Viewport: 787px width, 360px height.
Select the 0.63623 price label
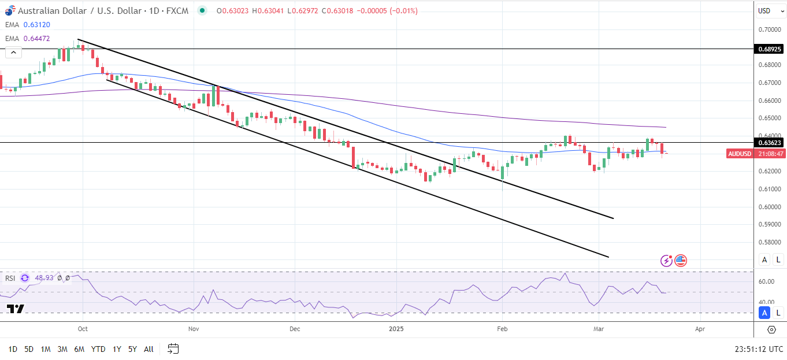[770, 142]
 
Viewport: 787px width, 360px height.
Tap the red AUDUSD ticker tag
[739, 154]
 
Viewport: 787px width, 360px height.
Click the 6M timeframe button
[80, 349]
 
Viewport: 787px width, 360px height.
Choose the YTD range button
[98, 349]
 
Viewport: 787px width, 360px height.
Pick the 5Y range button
[132, 349]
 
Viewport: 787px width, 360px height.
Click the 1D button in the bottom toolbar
[13, 349]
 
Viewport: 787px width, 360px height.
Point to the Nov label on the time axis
[194, 329]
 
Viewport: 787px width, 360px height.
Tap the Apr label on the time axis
[700, 329]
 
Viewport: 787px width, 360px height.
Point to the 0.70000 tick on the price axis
[769, 29]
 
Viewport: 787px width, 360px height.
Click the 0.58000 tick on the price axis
[769, 242]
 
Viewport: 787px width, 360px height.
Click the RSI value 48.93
[44, 278]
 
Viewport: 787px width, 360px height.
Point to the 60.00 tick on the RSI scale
[766, 281]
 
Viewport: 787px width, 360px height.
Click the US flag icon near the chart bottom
[681, 261]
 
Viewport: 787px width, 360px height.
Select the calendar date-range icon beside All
[173, 348]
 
